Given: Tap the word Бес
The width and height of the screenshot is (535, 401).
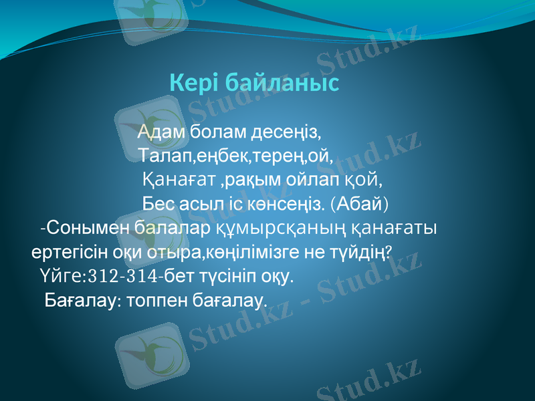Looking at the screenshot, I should pos(157,203).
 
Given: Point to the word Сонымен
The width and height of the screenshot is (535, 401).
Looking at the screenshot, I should pos(89,227).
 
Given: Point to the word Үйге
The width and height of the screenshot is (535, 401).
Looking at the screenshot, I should pos(60,275).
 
